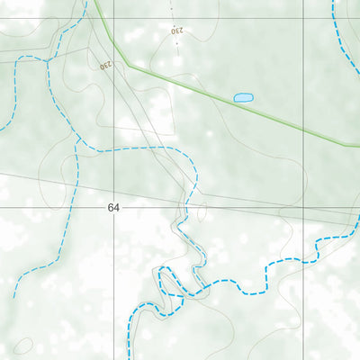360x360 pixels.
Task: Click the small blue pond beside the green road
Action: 243,97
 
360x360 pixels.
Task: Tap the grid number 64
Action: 112,208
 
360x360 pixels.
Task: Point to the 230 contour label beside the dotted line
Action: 176,31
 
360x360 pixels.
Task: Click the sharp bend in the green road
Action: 129,65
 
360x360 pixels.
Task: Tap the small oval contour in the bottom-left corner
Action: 23,346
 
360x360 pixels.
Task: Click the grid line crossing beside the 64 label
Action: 115,206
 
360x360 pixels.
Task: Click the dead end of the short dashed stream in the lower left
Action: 15,296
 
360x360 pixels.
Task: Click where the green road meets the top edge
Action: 94,1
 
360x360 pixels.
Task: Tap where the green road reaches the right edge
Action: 358,145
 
